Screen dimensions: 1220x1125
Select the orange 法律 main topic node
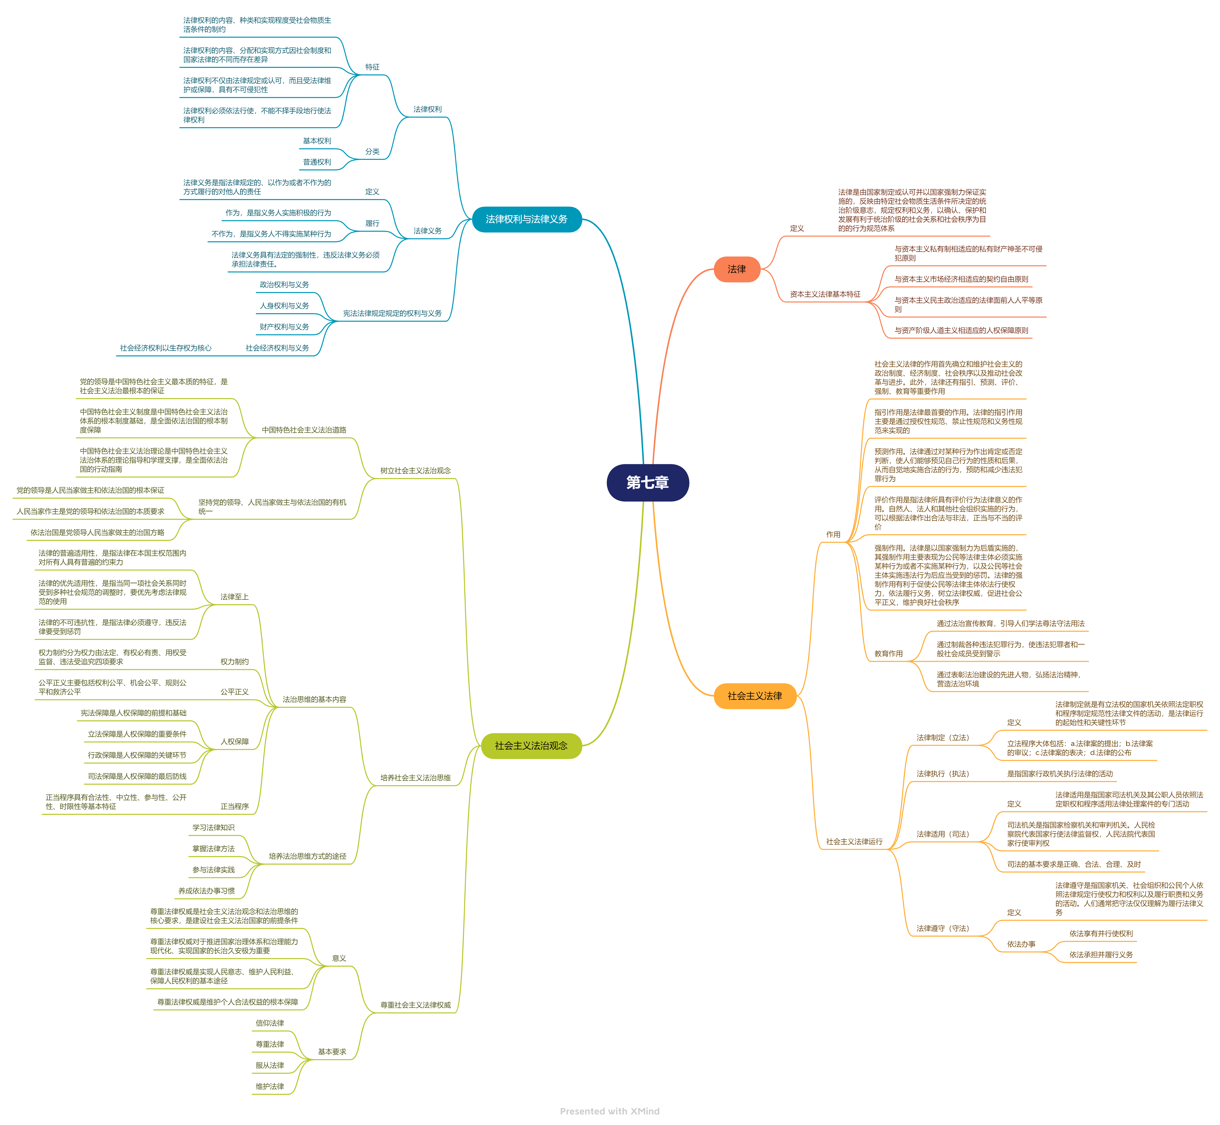(x=737, y=269)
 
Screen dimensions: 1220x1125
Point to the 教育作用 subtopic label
(x=888, y=654)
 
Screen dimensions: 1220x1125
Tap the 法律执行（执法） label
(x=942, y=774)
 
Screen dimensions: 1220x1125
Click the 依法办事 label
(x=1021, y=944)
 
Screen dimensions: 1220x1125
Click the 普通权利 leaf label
(x=317, y=162)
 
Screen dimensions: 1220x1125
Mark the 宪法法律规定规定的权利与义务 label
(x=392, y=313)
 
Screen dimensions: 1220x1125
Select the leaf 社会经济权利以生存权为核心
(x=166, y=348)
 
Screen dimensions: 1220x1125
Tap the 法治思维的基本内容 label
(x=314, y=699)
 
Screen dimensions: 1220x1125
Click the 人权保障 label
(x=234, y=741)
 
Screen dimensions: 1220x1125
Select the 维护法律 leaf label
(x=270, y=1087)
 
